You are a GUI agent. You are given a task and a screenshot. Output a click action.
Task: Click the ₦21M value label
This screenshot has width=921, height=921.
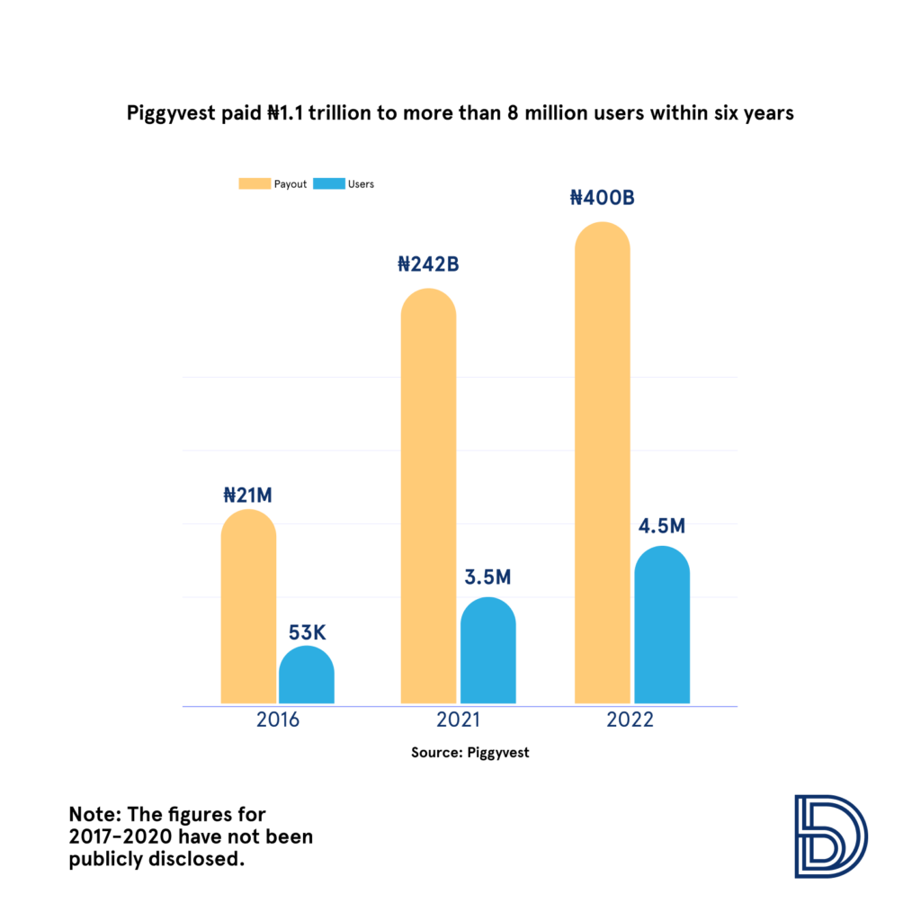coord(248,495)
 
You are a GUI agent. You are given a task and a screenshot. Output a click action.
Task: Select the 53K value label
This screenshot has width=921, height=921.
coord(306,631)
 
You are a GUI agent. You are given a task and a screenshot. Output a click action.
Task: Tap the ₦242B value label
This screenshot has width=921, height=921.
coord(428,264)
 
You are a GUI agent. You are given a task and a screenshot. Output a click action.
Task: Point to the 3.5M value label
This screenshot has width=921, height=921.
coord(487,577)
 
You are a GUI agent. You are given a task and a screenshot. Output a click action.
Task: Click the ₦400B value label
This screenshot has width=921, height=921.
coord(603,197)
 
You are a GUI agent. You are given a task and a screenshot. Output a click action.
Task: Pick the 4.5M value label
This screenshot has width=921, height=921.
coord(661,525)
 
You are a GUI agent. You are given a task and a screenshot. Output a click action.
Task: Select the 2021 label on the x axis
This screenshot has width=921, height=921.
coord(457,721)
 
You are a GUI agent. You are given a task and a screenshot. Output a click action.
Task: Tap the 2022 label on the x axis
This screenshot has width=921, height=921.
coord(630,721)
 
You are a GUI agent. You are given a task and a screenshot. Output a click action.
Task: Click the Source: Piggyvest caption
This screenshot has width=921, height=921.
coord(470,753)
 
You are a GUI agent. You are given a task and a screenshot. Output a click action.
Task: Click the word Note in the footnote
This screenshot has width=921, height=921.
coord(91,815)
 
